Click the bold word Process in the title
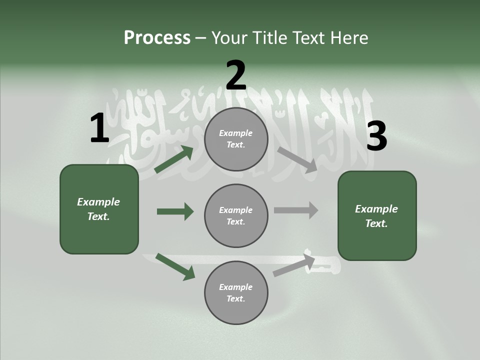[x=157, y=37]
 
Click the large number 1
[x=99, y=128]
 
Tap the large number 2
[x=236, y=75]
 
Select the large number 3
[x=376, y=136]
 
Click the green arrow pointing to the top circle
[x=174, y=159]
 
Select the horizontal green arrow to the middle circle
[x=175, y=211]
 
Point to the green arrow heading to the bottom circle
[x=175, y=266]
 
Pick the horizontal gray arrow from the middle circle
[x=295, y=210]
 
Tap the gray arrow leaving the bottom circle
[x=294, y=265]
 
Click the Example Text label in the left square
[x=98, y=209]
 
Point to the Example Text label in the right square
[x=376, y=216]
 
